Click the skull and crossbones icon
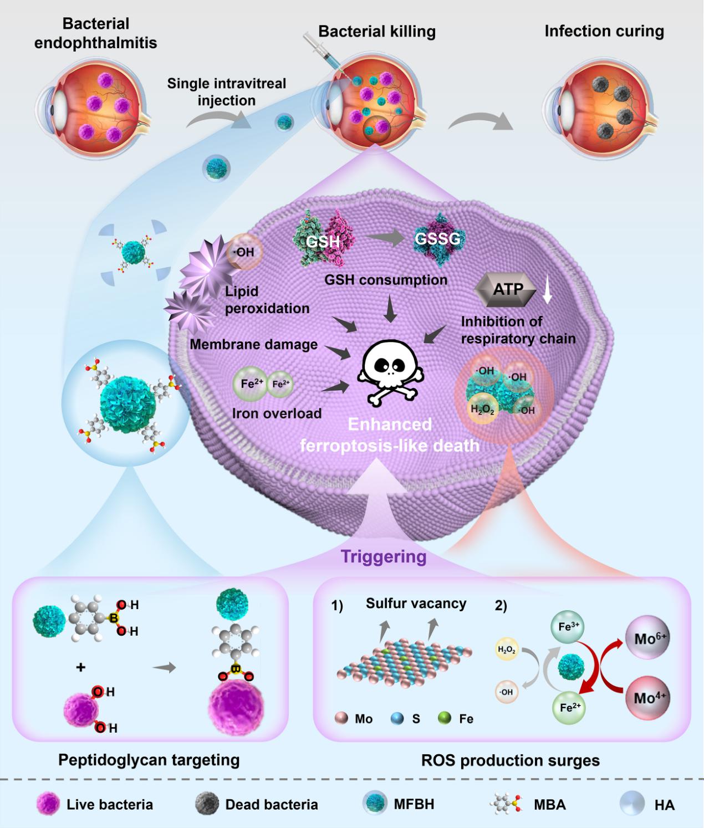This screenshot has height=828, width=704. tap(389, 370)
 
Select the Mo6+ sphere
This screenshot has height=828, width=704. tap(647, 638)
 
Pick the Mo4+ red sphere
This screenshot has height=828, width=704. tap(647, 698)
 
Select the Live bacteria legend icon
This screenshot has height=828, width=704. tap(48, 804)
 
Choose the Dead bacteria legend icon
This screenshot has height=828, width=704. tap(207, 804)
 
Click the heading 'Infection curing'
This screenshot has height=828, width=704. tap(604, 31)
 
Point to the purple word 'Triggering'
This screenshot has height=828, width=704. tap(384, 556)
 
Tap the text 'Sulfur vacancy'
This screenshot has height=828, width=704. tap(416, 604)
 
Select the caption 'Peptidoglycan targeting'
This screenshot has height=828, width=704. tap(149, 760)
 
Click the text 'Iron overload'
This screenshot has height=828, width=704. tap(277, 413)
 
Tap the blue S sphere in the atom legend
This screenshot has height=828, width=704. tap(397, 719)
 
